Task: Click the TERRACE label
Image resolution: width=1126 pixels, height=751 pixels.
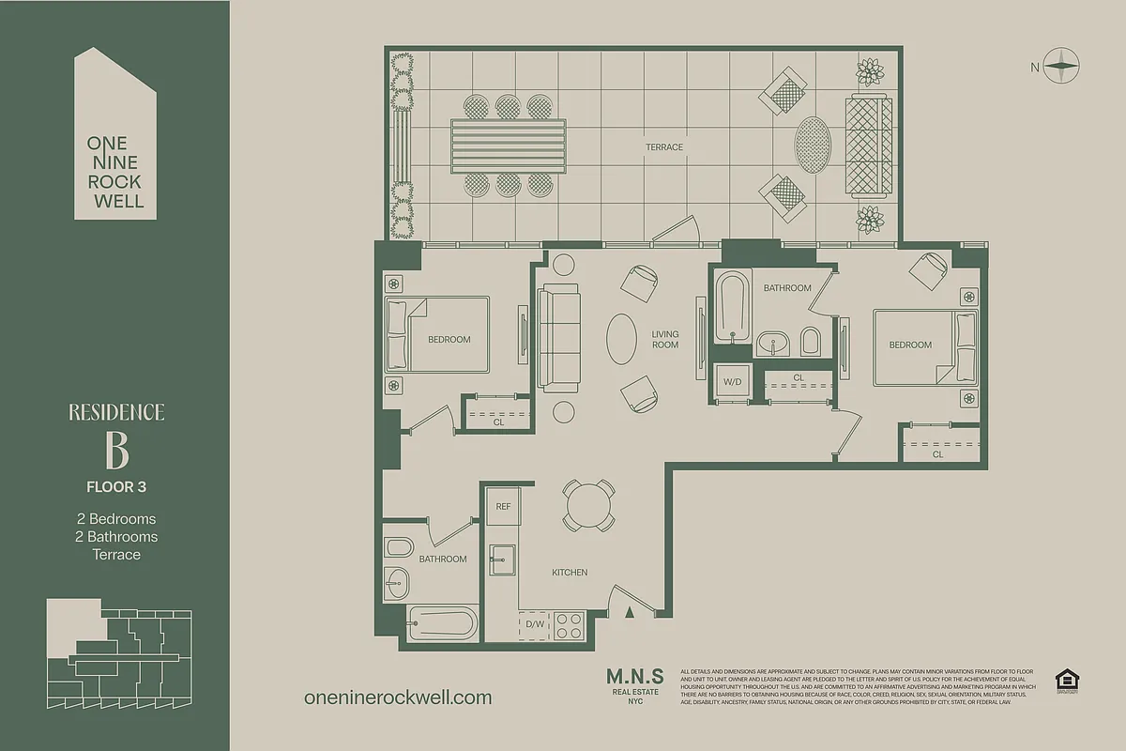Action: click(663, 147)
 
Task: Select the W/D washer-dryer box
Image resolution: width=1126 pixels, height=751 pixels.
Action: click(732, 382)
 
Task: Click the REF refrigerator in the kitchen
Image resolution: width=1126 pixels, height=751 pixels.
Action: click(503, 507)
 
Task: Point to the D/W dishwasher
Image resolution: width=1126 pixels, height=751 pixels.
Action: click(535, 624)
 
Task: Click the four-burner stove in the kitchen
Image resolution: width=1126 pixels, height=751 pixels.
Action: click(569, 623)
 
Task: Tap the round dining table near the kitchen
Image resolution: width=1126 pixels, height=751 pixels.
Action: click(588, 508)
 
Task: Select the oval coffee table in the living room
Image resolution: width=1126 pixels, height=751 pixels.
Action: click(623, 339)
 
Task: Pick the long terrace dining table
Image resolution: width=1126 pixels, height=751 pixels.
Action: click(510, 146)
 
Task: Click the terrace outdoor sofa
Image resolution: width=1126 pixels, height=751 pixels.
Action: click(869, 146)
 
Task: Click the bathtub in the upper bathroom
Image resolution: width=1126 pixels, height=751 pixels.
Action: click(731, 307)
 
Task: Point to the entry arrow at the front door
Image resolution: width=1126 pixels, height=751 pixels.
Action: click(631, 612)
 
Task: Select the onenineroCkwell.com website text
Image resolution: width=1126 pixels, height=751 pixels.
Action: click(398, 697)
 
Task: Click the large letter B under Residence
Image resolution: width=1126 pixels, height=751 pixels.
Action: click(116, 452)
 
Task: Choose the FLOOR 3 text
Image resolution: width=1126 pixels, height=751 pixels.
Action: click(116, 487)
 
